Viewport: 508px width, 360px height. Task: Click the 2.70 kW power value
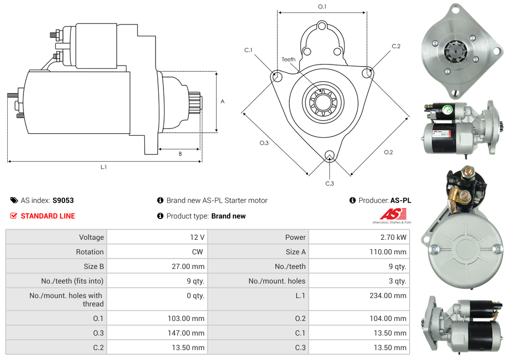(394, 237)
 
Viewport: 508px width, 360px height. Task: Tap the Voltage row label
(91, 237)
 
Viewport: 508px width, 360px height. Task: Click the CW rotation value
(197, 252)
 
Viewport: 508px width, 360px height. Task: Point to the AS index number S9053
(63, 200)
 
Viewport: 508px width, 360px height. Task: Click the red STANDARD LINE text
(48, 216)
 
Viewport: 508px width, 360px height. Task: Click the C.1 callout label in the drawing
(248, 50)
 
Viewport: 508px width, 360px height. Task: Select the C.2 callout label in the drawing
(396, 46)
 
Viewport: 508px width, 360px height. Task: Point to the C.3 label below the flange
(329, 183)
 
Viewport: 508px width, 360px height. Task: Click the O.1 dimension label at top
(322, 7)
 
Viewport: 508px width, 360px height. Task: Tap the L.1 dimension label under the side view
(104, 167)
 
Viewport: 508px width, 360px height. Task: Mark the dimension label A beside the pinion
(223, 101)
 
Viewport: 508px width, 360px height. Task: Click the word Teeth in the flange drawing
(288, 59)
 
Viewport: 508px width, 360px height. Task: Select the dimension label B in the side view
(180, 153)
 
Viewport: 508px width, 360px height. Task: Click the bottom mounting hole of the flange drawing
(329, 156)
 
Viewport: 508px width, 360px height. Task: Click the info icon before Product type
(160, 216)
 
